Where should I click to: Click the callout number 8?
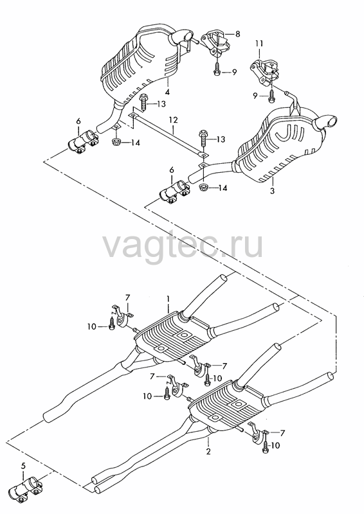[237, 34]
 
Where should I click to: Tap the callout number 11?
[260, 44]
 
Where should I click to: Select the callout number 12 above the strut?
[173, 120]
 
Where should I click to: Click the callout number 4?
[167, 92]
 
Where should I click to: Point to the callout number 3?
[272, 190]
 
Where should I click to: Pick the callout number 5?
[23, 465]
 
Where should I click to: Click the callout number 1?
[168, 299]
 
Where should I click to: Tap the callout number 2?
[208, 452]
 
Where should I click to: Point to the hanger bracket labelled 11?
[265, 71]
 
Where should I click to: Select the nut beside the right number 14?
[204, 188]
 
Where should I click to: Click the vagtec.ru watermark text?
[183, 244]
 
